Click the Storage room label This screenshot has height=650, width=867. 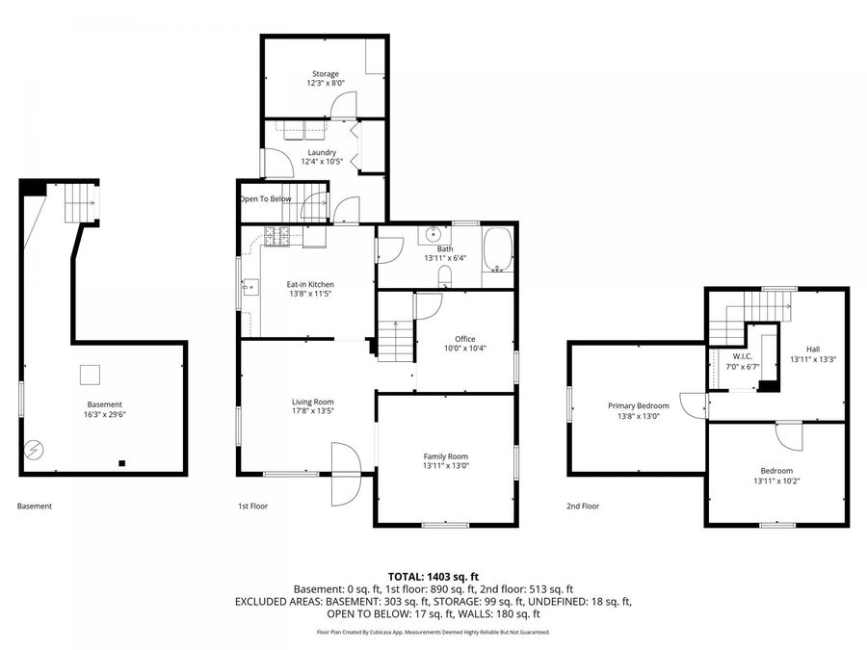coord(326,73)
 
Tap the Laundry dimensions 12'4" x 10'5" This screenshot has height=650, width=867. coord(322,162)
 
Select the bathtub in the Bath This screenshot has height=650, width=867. coord(497,250)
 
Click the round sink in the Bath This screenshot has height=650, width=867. coord(433,235)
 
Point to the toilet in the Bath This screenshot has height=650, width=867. coord(445,276)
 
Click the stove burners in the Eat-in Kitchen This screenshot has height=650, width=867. coord(277,237)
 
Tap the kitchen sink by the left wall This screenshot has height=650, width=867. coord(250,287)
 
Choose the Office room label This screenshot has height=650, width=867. coord(465,339)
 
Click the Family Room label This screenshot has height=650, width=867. coord(446,456)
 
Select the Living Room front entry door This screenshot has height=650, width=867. coord(346,474)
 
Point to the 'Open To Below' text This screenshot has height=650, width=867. coord(266,198)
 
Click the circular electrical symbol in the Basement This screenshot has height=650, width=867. coord(35,450)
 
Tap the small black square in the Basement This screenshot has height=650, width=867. coord(122,463)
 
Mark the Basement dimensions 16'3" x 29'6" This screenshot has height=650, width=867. coord(105,414)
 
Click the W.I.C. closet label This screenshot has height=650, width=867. coord(742,356)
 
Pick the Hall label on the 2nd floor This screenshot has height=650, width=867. coord(813,349)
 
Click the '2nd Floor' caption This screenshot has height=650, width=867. coord(583,506)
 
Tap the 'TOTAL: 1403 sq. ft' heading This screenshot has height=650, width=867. coord(433,577)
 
